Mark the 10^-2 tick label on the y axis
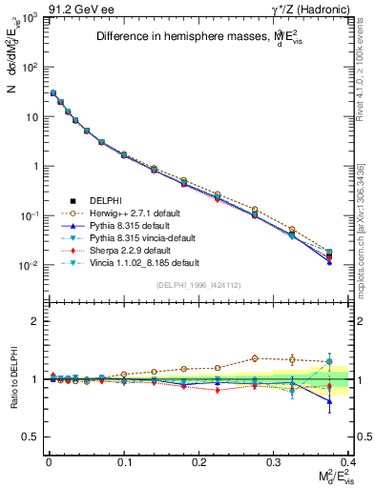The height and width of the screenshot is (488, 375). coord(28,266)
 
